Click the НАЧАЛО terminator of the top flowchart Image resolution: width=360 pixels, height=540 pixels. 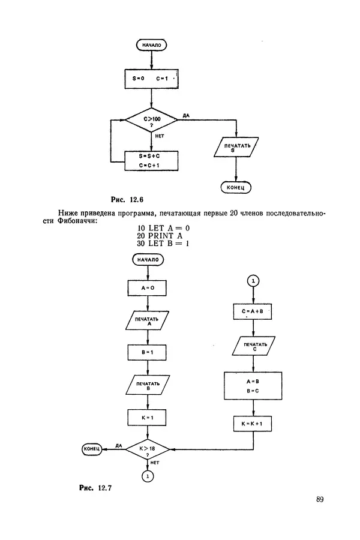151,45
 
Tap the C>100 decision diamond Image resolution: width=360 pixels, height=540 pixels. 151,121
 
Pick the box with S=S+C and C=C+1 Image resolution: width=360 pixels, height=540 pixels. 151,161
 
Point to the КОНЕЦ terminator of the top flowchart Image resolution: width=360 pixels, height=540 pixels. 236,187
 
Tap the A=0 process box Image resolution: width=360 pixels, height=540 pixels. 148,287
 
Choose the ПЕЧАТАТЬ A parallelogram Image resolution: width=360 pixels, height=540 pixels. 148,321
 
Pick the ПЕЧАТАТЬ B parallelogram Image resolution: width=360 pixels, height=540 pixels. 148,385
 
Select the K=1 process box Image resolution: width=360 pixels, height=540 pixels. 148,417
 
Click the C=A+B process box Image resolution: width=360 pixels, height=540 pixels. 253,313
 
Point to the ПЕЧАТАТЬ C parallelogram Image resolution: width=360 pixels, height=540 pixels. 253,346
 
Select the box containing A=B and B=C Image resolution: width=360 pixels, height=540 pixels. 253,386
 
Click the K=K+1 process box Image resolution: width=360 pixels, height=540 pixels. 253,424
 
